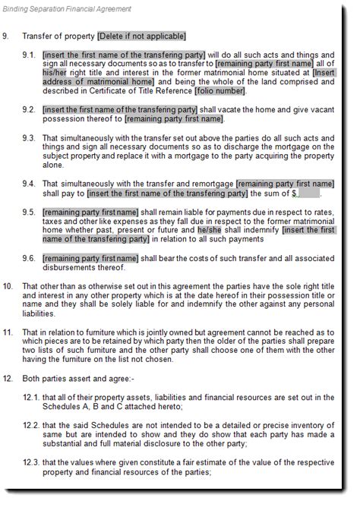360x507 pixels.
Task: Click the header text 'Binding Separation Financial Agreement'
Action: click(66, 8)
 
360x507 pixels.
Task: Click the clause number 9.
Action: click(8, 36)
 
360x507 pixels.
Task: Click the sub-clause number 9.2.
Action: click(29, 109)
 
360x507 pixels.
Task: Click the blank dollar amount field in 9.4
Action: click(309, 193)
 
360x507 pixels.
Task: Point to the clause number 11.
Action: click(8, 331)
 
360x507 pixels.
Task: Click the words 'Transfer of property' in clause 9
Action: click(58, 36)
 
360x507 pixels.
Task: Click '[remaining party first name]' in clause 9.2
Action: click(174, 119)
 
